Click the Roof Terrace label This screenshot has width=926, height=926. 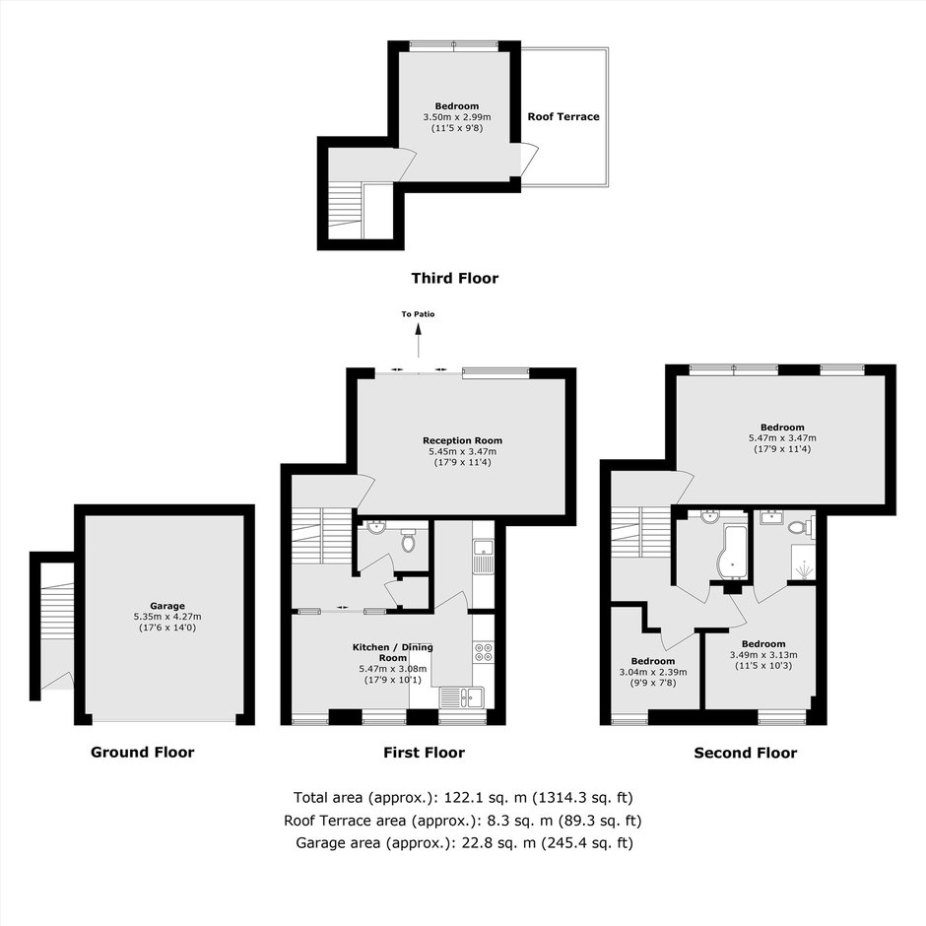563,116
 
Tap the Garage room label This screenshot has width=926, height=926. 167,605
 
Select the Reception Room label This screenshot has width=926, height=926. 462,440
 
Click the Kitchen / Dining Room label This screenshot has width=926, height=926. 393,652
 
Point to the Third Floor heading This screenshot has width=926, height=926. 455,278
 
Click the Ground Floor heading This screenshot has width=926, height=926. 142,752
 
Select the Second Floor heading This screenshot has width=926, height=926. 746,753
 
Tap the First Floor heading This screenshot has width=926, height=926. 424,753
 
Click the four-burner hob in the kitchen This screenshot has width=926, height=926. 484,651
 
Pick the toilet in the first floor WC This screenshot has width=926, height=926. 408,540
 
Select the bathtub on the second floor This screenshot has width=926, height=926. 731,553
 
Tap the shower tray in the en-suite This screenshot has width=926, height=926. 803,562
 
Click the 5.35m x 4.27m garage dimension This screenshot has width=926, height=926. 167,617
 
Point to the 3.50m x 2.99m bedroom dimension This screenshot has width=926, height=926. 457,117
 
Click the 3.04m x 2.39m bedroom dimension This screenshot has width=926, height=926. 652,672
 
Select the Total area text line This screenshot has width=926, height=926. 463,798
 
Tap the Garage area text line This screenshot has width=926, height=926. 464,842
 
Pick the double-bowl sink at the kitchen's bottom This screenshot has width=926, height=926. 462,697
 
